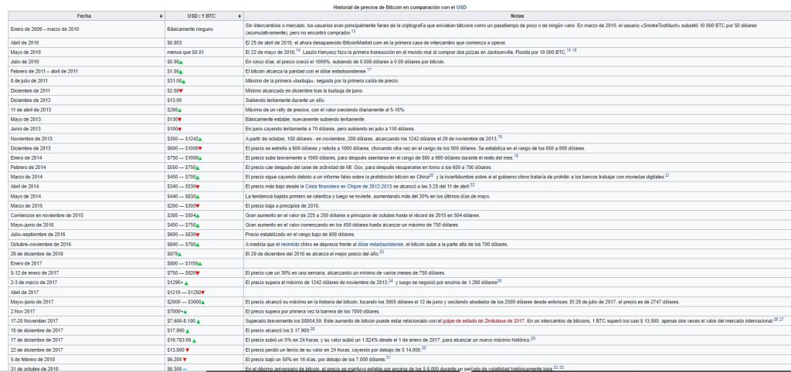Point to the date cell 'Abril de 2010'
click(24, 42)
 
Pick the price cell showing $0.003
click(175, 42)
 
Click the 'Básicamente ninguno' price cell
click(189, 29)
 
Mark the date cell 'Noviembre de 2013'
click(31, 138)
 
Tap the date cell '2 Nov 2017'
click(23, 310)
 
